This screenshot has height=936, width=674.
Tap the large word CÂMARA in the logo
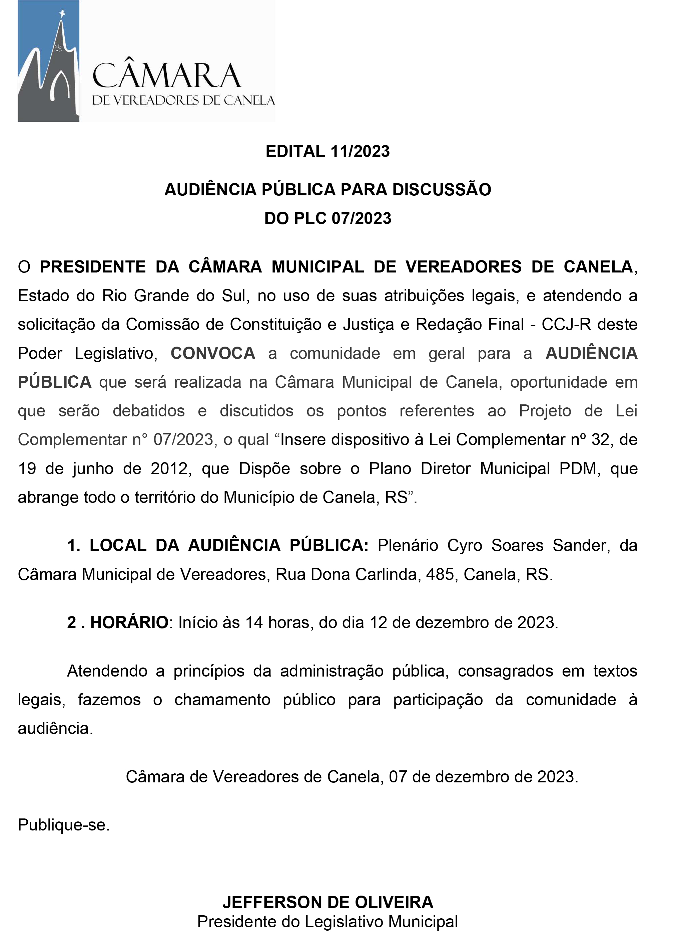pyautogui.click(x=166, y=76)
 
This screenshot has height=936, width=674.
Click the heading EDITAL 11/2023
pyautogui.click(x=328, y=152)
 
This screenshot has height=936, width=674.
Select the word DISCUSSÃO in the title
pyautogui.click(x=442, y=189)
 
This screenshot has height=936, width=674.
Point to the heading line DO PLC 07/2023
pyautogui.click(x=328, y=218)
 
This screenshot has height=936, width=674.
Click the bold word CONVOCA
pyautogui.click(x=213, y=353)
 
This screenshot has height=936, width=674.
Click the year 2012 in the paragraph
pyautogui.click(x=169, y=469)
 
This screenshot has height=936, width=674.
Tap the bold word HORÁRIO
pyautogui.click(x=129, y=622)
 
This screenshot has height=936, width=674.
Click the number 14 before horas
pyautogui.click(x=254, y=622)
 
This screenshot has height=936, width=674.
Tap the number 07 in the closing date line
pyautogui.click(x=398, y=777)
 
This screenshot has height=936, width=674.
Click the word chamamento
pyautogui.click(x=222, y=700)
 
